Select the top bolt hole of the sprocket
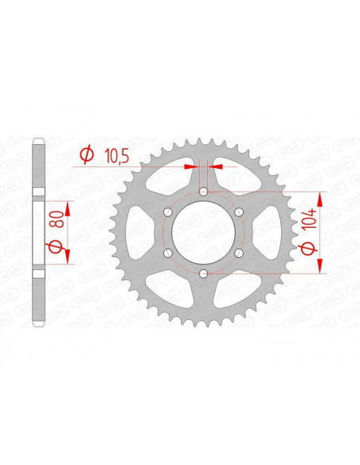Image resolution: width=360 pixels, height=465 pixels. click(x=204, y=191)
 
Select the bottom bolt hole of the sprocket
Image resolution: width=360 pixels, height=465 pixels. click(x=204, y=272)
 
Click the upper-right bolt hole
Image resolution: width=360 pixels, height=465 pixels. click(x=239, y=211)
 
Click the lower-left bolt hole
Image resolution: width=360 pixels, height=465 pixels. click(x=169, y=252)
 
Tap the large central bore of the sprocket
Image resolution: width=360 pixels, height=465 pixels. click(x=204, y=232)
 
